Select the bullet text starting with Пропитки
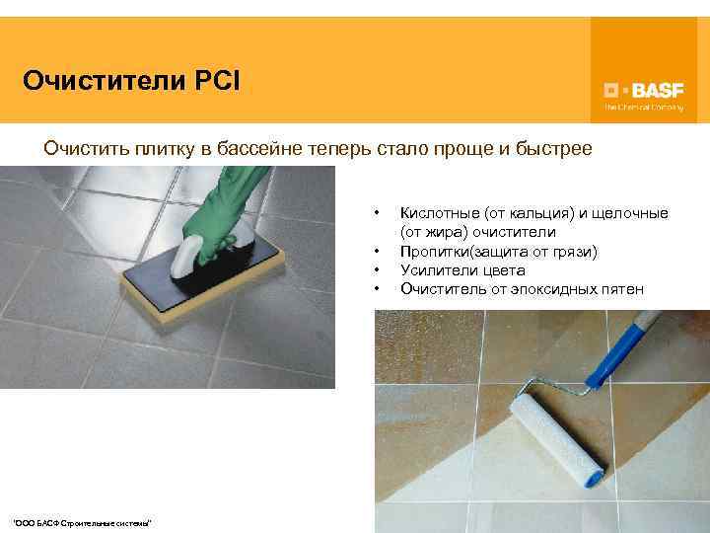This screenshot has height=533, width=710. (499, 252)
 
